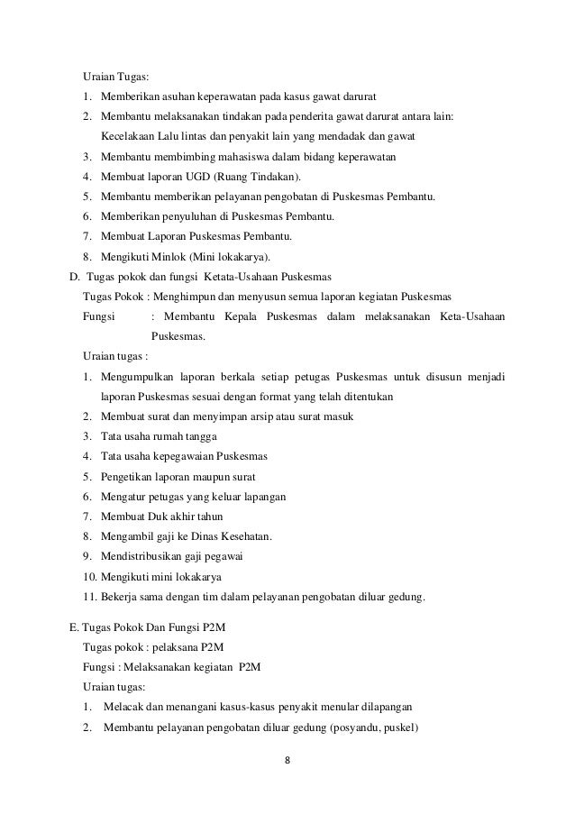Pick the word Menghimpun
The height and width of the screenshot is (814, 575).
pyautogui.click(x=198, y=297)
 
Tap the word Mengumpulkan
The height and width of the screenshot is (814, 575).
pyautogui.click(x=142, y=376)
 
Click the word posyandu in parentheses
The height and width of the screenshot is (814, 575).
pyautogui.click(x=361, y=727)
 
